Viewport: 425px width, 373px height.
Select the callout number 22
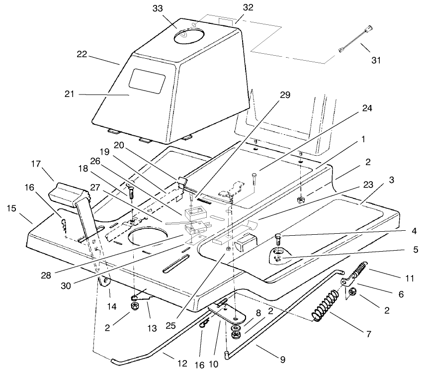(x=82, y=55)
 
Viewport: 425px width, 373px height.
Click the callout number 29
(x=286, y=94)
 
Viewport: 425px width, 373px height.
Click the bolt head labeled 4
(x=278, y=236)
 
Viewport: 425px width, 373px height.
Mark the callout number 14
(x=113, y=307)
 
